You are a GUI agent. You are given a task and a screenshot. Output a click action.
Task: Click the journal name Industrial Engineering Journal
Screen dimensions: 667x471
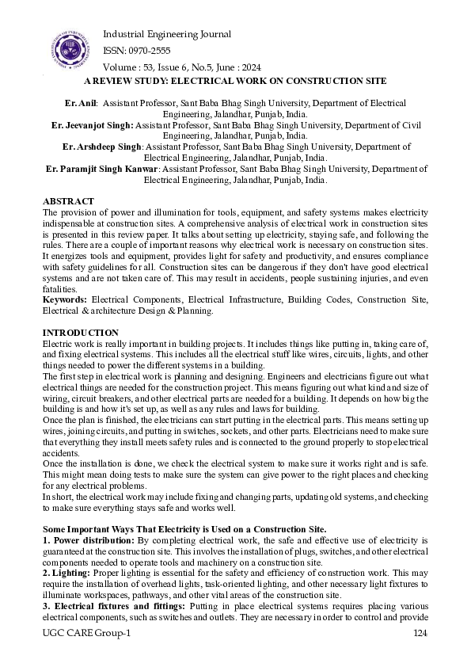coord(167,34)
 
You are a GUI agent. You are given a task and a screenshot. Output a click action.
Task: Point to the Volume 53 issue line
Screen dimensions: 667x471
coord(182,67)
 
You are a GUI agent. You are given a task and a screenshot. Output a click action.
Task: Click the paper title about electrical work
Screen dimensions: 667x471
coord(234,81)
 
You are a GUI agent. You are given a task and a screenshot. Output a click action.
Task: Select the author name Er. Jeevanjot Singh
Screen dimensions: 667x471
coord(92,125)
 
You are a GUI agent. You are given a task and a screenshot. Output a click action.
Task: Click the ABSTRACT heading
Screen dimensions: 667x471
coord(68,202)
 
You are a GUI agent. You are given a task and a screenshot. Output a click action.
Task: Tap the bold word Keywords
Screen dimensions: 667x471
coord(64,299)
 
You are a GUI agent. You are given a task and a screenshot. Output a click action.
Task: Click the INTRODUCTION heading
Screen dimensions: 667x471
coord(81,332)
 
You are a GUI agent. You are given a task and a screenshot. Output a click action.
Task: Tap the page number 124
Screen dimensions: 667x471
coord(420,634)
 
